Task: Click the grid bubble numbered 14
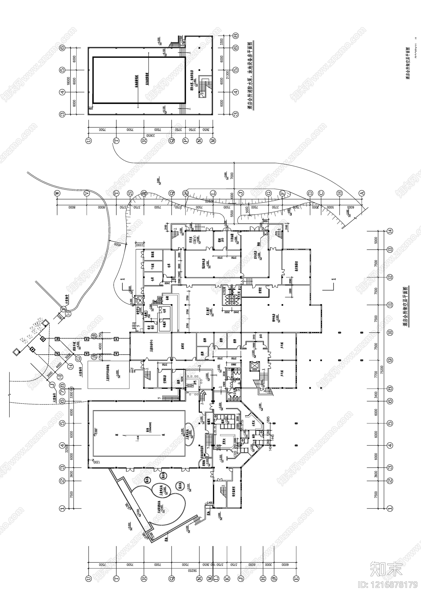(x=390, y=231)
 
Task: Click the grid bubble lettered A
(x=362, y=193)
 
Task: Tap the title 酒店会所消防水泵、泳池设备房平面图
(x=250, y=76)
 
